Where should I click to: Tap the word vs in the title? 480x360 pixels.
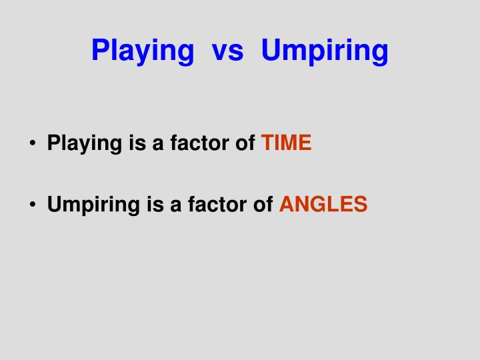point(227,51)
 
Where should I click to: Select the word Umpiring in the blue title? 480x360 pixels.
point(325,51)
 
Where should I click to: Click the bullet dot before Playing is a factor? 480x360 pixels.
point(33,144)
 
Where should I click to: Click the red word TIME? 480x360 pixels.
point(286,143)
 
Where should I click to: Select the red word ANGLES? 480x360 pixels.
point(323,204)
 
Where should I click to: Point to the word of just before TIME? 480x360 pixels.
point(245,143)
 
